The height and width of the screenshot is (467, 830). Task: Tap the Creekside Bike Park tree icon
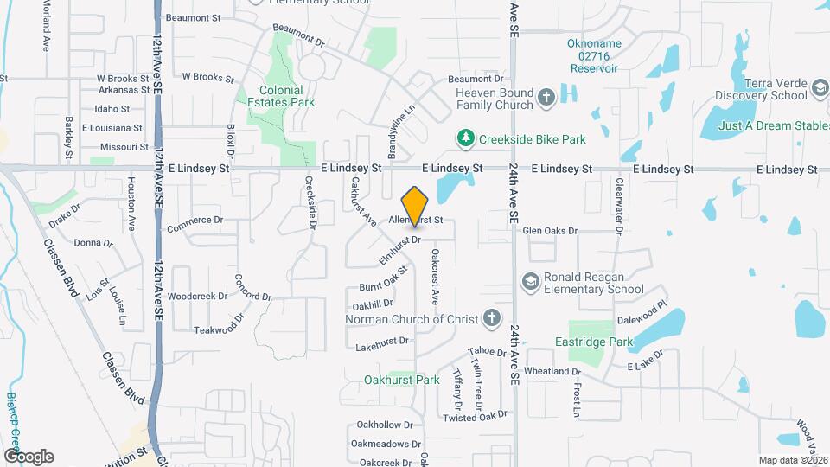click(466, 138)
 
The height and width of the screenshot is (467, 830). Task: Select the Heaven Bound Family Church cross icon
click(546, 98)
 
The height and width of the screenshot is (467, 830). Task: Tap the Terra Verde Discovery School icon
click(820, 88)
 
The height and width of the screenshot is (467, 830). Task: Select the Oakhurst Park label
click(402, 379)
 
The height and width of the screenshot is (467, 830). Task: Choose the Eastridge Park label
click(594, 342)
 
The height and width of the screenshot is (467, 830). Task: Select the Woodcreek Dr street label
click(197, 296)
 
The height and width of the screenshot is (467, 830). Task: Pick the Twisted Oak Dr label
click(474, 417)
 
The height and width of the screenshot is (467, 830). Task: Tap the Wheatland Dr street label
click(552, 371)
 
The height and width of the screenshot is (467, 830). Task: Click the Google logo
click(29, 457)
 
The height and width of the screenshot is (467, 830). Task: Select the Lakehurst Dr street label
click(380, 346)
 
